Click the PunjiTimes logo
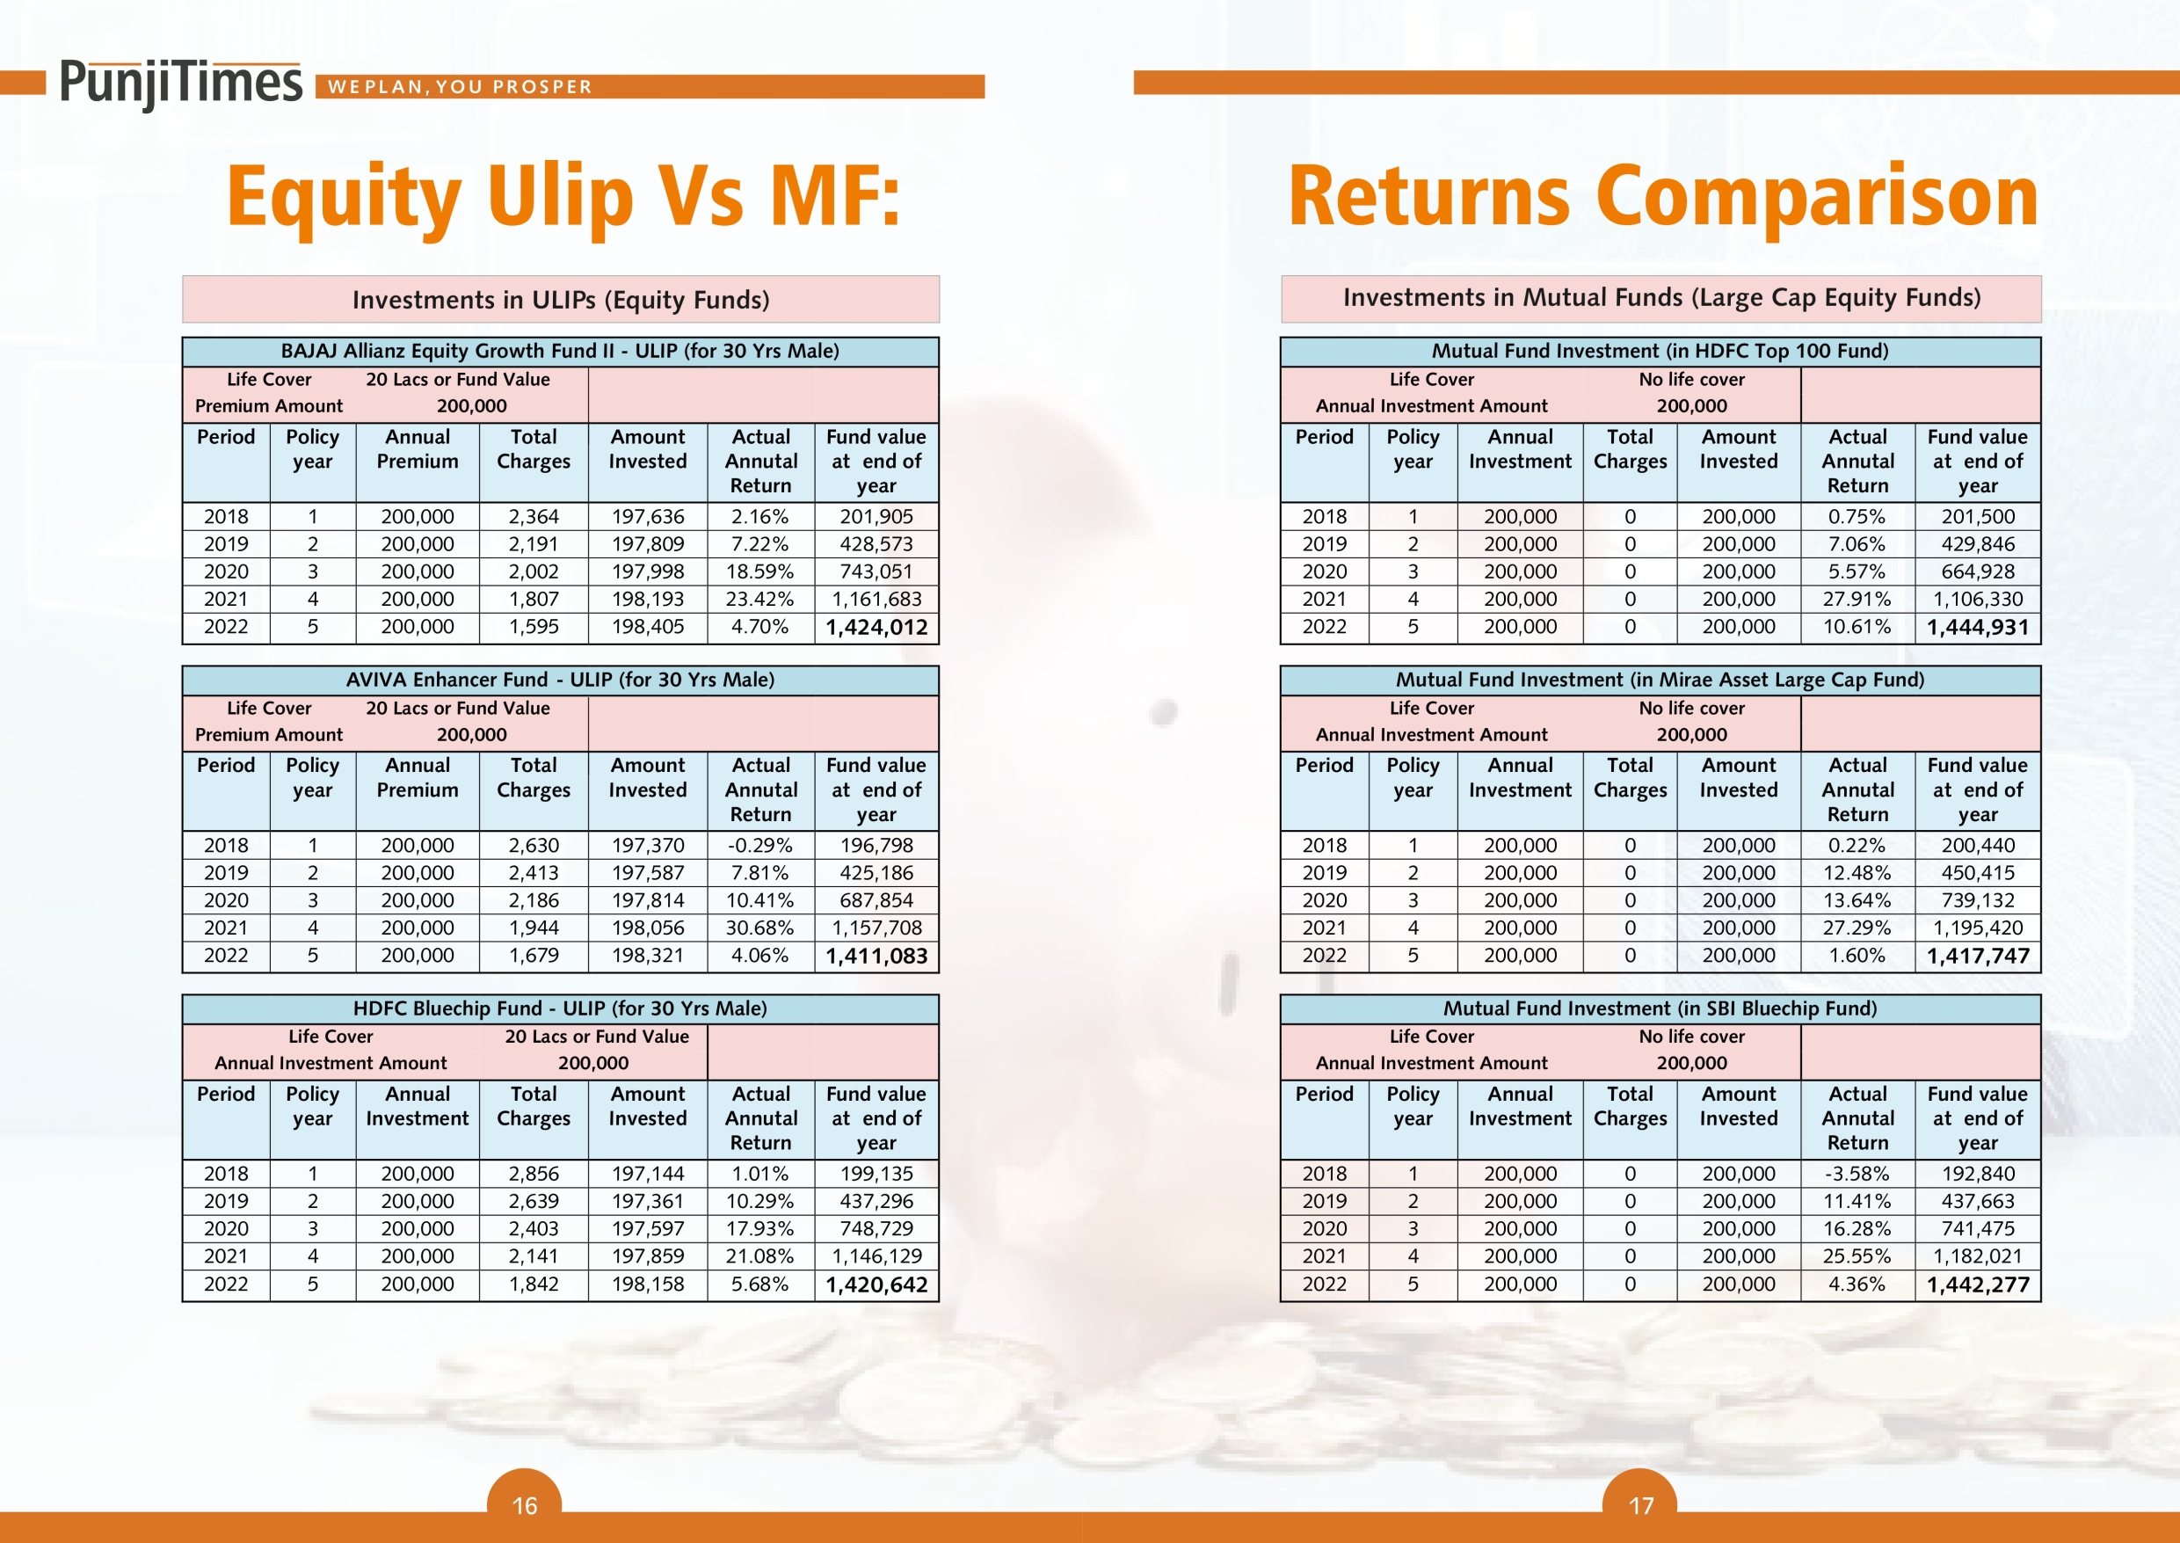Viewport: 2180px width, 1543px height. (x=180, y=84)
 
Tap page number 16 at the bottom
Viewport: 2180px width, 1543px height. (x=524, y=1506)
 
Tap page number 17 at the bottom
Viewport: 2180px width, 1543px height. (x=1640, y=1506)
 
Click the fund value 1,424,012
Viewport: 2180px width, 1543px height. (x=876, y=627)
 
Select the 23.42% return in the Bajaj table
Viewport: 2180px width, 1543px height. (x=759, y=599)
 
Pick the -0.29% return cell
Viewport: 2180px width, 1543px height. (x=759, y=845)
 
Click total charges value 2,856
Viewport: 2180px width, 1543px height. (x=534, y=1174)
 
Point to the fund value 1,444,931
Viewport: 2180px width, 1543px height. (x=1977, y=627)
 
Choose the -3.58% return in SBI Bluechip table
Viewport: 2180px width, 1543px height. (x=1857, y=1174)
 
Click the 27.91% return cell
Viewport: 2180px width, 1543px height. (x=1857, y=599)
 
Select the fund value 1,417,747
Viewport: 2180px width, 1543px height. (x=1977, y=956)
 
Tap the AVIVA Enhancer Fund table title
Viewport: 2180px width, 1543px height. (x=561, y=680)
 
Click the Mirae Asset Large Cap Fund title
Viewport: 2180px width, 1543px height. (x=1660, y=680)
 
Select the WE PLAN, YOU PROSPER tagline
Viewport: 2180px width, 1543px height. (x=460, y=86)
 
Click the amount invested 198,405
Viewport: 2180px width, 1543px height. (x=648, y=626)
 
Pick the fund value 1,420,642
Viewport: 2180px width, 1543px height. (x=876, y=1285)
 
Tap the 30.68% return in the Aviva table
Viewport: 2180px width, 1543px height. (x=759, y=928)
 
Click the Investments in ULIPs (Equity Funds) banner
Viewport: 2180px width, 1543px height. (x=561, y=299)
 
